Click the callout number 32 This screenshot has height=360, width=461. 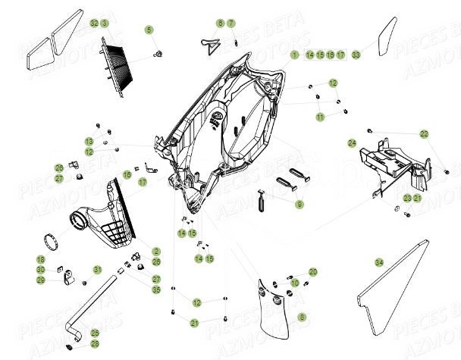(94, 24)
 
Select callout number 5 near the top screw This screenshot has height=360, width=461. (149, 30)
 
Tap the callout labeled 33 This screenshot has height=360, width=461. (356, 55)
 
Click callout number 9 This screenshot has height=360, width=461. (299, 204)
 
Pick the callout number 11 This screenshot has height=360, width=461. (321, 117)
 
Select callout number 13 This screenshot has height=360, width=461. (89, 142)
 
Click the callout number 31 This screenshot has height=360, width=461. (97, 269)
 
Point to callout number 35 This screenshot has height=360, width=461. (156, 290)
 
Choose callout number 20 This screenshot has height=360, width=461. (313, 271)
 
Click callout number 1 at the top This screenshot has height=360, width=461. (294, 55)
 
